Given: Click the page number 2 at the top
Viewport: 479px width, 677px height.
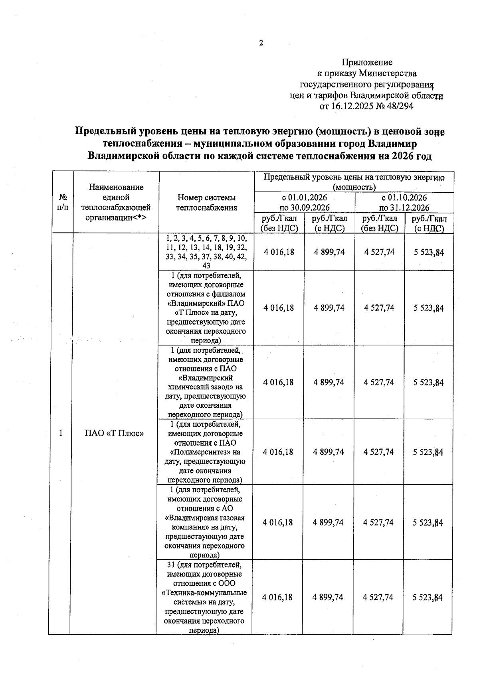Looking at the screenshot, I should click(261, 43).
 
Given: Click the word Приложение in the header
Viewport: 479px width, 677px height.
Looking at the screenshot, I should click(367, 62).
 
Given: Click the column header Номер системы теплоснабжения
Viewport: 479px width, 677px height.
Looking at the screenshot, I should click(206, 202).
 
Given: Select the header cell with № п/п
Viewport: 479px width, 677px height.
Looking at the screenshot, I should click(63, 202).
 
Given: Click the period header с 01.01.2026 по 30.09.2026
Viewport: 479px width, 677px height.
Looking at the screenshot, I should click(304, 203).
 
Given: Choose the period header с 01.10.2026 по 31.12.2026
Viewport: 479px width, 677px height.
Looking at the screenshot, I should click(404, 203).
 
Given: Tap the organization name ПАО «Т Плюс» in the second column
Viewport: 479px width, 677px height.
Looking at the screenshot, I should click(115, 433).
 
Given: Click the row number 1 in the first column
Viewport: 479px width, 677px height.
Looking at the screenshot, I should click(61, 433).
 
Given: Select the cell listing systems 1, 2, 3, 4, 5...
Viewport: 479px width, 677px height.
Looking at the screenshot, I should click(206, 252).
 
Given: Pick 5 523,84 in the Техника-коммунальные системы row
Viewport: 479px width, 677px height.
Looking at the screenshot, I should click(428, 597).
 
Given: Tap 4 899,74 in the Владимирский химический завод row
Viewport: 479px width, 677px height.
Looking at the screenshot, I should click(329, 382).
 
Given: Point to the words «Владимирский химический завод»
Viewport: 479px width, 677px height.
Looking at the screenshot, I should click(206, 382).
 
